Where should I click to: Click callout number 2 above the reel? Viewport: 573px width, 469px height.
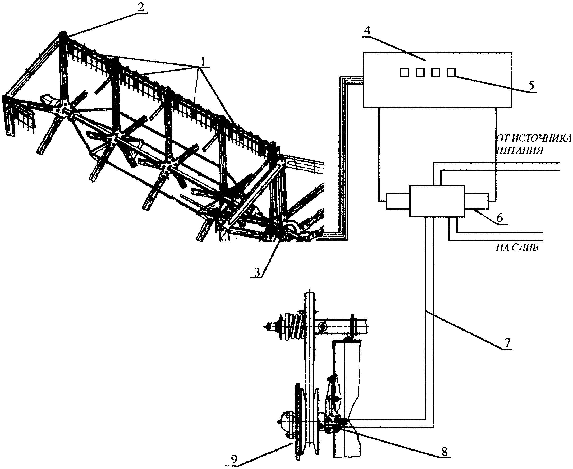click(x=140, y=7)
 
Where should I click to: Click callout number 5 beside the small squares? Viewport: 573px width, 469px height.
click(x=531, y=85)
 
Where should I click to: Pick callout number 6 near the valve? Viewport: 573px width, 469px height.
click(x=500, y=217)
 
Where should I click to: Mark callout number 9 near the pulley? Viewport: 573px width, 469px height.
click(x=234, y=459)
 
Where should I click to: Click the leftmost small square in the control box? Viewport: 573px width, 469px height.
click(x=404, y=72)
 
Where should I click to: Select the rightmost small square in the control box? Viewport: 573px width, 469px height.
click(x=451, y=72)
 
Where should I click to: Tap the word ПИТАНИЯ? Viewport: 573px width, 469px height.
click(x=520, y=150)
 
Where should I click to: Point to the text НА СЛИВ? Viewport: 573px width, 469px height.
click(x=517, y=247)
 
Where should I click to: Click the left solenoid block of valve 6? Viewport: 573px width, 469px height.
click(x=398, y=201)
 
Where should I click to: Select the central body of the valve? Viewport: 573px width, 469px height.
click(x=437, y=201)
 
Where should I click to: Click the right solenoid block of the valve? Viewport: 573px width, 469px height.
click(x=476, y=201)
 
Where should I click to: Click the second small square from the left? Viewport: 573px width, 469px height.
click(x=420, y=72)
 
